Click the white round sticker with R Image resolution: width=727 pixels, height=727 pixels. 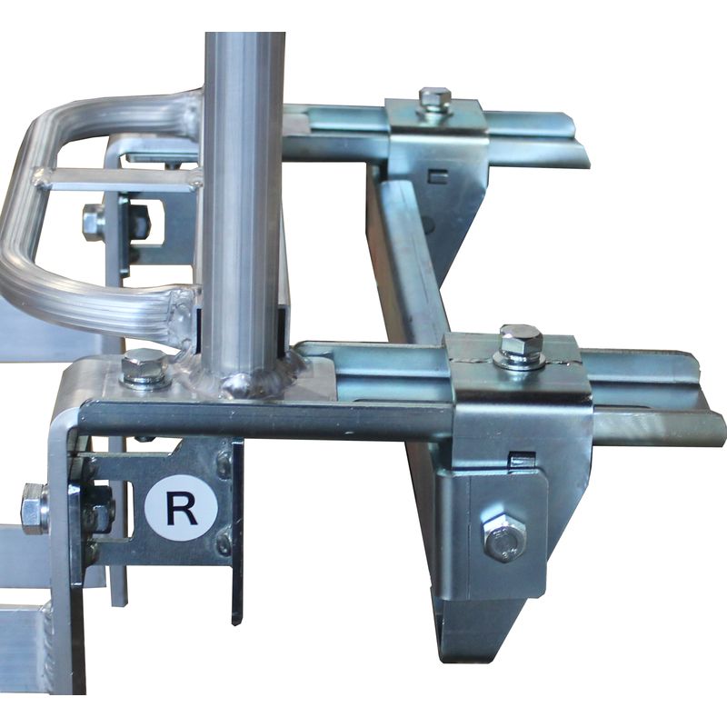[x=181, y=508]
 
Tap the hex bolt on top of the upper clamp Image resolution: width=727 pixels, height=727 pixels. [x=434, y=99]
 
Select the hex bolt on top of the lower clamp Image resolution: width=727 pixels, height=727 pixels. [x=520, y=346]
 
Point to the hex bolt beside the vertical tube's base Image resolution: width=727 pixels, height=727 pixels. [x=144, y=367]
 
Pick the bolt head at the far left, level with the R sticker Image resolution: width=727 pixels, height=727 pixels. [x=35, y=508]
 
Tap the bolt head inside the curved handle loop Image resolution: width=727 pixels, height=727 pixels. [x=95, y=221]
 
